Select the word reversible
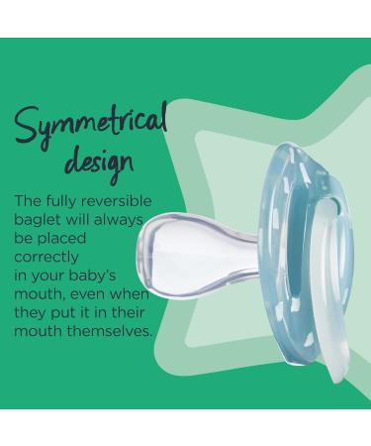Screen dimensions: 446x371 click(125, 200)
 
